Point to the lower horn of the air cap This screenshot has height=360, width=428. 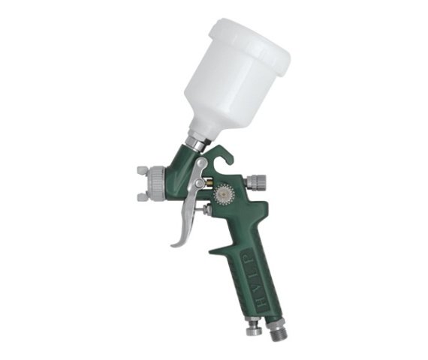click(142, 197)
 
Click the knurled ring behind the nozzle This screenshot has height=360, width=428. click(156, 182)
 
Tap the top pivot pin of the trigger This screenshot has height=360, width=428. click(201, 163)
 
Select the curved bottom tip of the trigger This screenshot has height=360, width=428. click(177, 243)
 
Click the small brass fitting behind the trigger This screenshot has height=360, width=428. click(209, 182)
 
